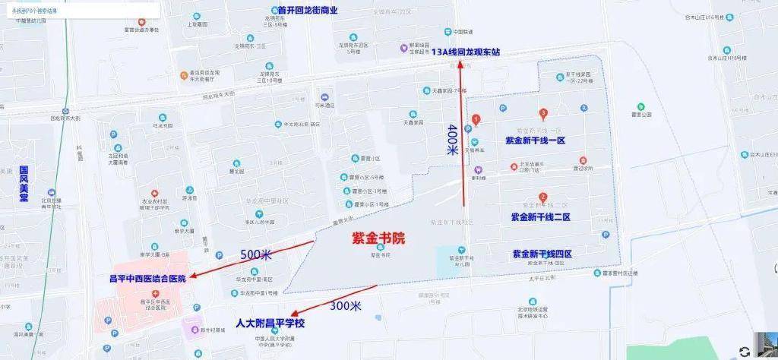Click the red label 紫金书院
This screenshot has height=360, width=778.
[x=381, y=238]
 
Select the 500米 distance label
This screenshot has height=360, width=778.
[x=256, y=254]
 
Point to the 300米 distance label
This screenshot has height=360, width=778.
[x=346, y=305]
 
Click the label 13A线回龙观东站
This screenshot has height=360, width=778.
[x=466, y=52]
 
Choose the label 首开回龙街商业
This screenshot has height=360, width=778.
[x=296, y=11]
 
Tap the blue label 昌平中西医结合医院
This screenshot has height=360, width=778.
[x=147, y=279]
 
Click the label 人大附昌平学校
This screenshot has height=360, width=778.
[x=270, y=323]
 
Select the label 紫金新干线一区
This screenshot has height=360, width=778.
[x=536, y=141]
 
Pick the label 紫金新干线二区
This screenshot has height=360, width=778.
[x=540, y=216]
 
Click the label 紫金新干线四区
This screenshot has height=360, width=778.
[x=542, y=253]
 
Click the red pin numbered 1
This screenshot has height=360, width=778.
[x=476, y=119]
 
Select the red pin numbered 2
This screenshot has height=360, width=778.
[x=542, y=197]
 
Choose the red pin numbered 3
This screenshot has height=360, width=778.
[x=543, y=114]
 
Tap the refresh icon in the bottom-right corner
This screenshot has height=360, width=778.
[x=745, y=351]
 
